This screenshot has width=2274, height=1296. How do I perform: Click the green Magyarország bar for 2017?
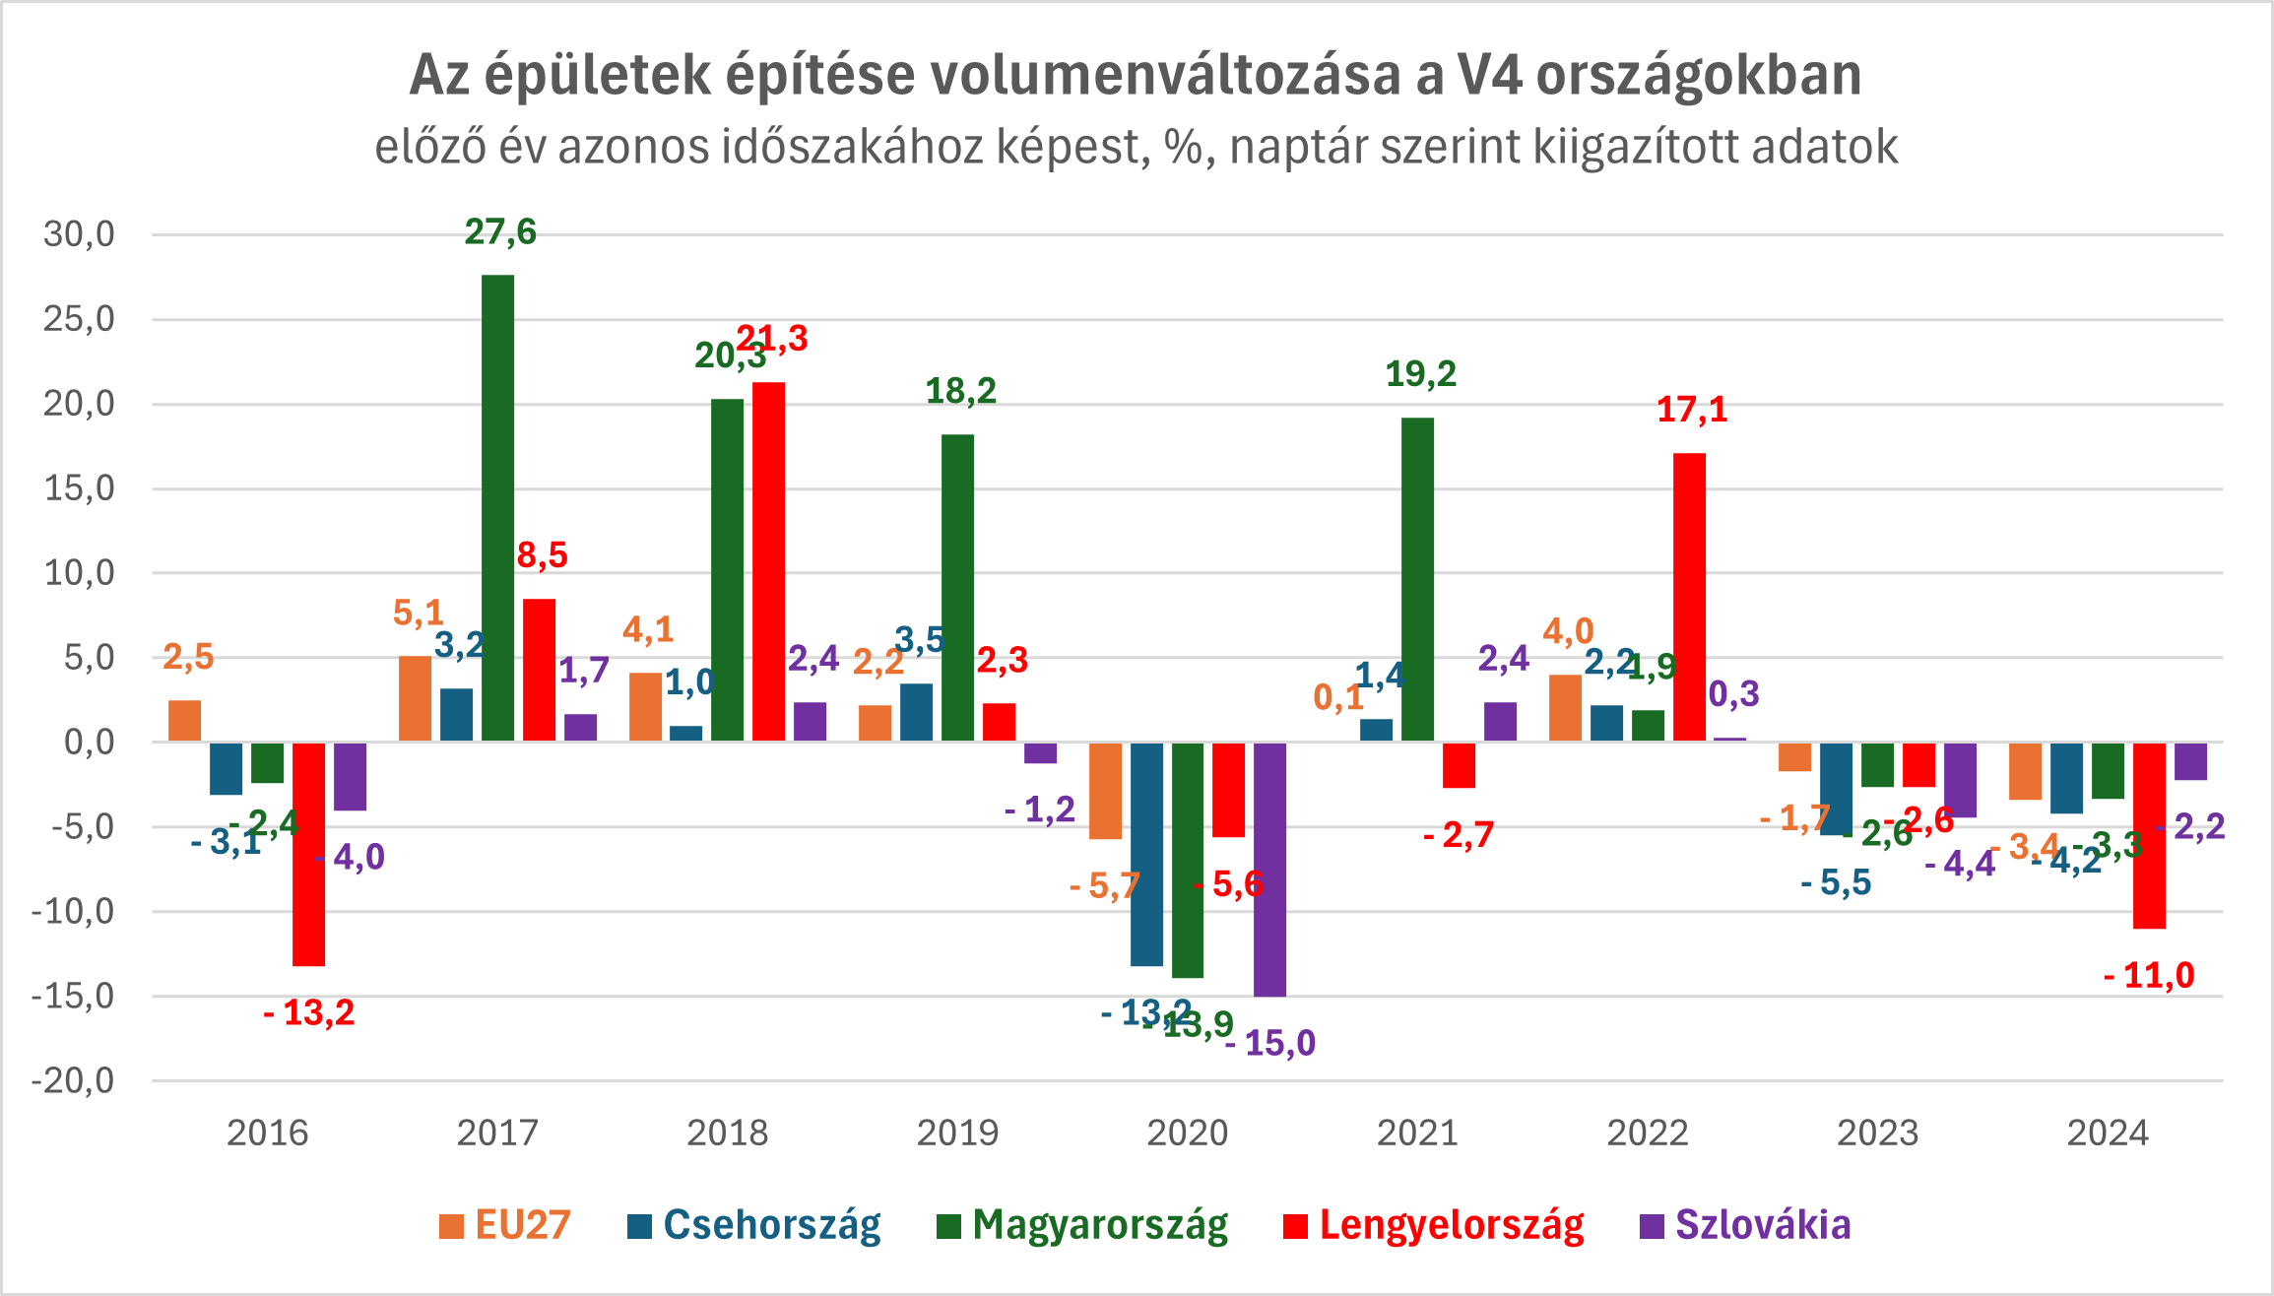pyautogui.click(x=497, y=507)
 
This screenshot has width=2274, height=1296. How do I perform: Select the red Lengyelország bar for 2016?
pyautogui.click(x=308, y=854)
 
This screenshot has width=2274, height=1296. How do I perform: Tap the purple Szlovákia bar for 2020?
pyautogui.click(x=1269, y=870)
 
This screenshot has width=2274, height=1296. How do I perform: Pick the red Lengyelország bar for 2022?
pyautogui.click(x=1689, y=597)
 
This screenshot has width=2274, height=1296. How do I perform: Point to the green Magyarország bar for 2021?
pyautogui.click(x=1417, y=579)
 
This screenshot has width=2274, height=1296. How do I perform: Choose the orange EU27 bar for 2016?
pyautogui.click(x=185, y=721)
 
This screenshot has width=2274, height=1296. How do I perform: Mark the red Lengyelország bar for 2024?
pyautogui.click(x=2149, y=835)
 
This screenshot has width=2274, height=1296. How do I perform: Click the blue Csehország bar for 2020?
pyautogui.click(x=1146, y=854)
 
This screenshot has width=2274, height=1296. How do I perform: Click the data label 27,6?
pyautogui.click(x=500, y=232)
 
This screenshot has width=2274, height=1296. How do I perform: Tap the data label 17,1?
pyautogui.click(x=1692, y=410)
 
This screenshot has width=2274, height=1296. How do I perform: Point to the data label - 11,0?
pyautogui.click(x=2149, y=976)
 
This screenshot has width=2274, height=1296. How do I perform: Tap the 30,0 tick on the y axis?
pyautogui.click(x=79, y=234)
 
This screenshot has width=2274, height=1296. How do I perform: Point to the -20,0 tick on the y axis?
pyautogui.click(x=73, y=1081)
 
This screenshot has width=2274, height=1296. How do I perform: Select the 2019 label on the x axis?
pyautogui.click(x=957, y=1134)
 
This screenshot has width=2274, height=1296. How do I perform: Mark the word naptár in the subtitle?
pyautogui.click(x=1286, y=148)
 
